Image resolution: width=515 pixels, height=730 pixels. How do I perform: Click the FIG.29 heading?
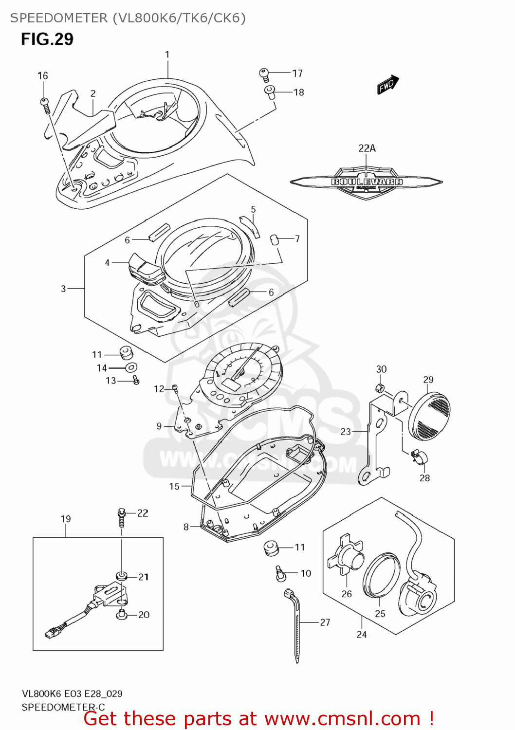47,39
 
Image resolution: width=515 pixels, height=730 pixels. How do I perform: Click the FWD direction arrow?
388,85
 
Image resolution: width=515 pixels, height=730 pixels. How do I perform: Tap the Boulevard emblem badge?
367,182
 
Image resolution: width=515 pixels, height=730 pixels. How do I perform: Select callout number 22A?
367,148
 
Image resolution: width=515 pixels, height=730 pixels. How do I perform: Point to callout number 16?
43,75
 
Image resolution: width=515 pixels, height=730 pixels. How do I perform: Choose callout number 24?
362,634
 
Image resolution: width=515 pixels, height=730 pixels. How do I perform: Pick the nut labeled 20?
122,615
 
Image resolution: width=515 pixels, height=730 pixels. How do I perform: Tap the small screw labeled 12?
175,388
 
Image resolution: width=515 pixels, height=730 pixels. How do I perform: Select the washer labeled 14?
131,367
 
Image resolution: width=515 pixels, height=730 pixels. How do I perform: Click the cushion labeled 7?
274,239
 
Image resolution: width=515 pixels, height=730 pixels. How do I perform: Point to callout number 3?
63,289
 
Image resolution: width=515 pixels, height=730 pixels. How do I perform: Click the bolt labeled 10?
280,573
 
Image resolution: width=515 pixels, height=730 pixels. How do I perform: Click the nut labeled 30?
381,388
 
